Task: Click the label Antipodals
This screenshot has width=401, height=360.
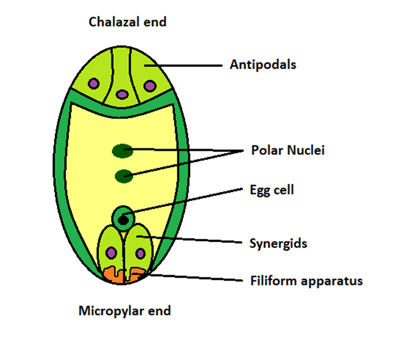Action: pos(262,64)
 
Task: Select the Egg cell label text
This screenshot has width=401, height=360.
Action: pos(271,190)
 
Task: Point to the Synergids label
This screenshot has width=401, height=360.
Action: pos(278,243)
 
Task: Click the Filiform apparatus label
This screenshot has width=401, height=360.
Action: pos(306,280)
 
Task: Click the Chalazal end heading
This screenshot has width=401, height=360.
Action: pos(127,22)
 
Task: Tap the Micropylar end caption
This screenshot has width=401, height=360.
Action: pos(124,310)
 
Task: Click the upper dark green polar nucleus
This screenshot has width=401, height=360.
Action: pos(122,150)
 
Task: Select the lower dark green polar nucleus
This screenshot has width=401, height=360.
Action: pos(123,176)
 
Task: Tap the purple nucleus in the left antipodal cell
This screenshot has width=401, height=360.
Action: pos(93,84)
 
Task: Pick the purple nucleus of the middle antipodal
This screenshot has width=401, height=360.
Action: pos(121,94)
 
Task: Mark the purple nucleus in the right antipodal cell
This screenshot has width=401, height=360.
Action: pos(149,85)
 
